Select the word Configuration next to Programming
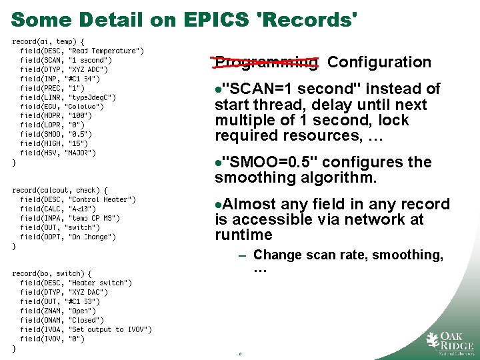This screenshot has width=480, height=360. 379,62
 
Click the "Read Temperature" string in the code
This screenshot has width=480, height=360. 106,51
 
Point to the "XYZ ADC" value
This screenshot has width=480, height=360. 89,69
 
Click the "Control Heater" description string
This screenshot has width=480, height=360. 102,199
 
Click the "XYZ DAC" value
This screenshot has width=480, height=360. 89,292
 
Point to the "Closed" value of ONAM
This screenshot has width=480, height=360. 84,320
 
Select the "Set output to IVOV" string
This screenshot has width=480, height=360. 110,329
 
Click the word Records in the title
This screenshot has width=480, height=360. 310,19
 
